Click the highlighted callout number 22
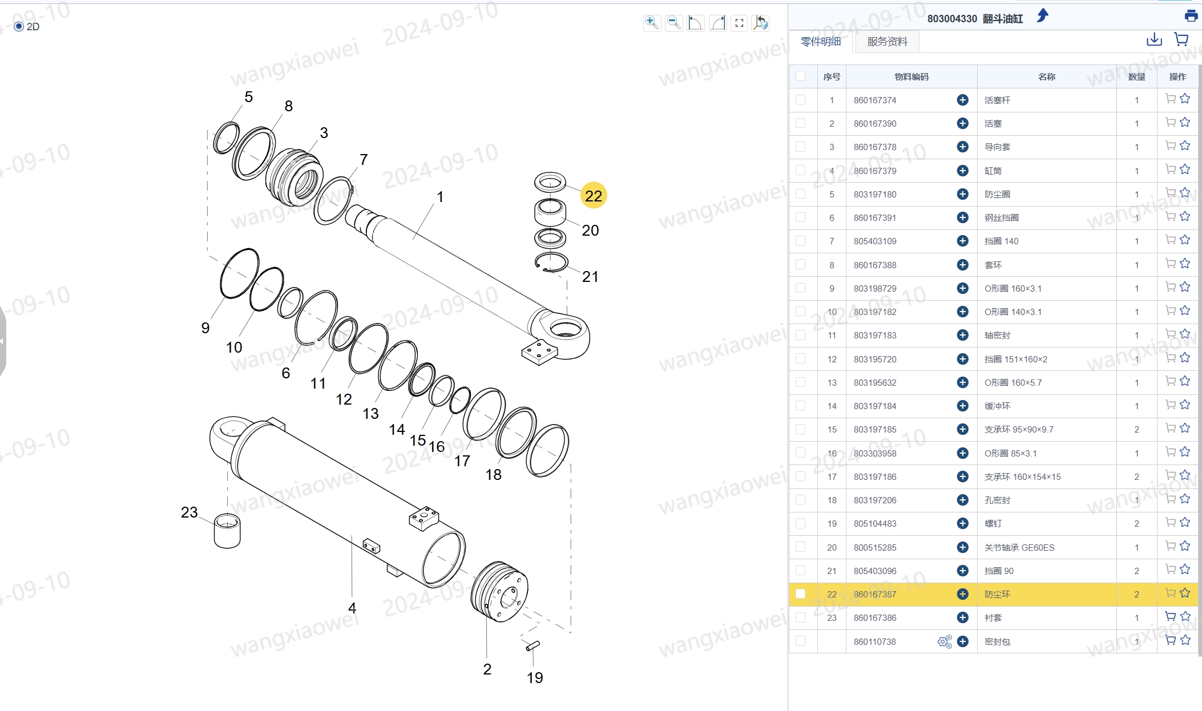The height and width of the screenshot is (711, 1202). tap(593, 196)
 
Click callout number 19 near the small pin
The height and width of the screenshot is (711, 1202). tap(535, 677)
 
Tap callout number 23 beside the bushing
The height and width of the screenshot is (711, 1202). tap(189, 512)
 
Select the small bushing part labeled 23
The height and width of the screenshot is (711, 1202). tap(227, 531)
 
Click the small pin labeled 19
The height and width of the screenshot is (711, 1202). tap(533, 645)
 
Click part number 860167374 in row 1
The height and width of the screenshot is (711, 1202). tap(875, 100)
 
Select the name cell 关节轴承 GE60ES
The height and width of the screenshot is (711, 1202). tap(1019, 547)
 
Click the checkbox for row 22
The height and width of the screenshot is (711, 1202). tap(800, 594)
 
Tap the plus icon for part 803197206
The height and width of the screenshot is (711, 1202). tap(962, 500)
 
